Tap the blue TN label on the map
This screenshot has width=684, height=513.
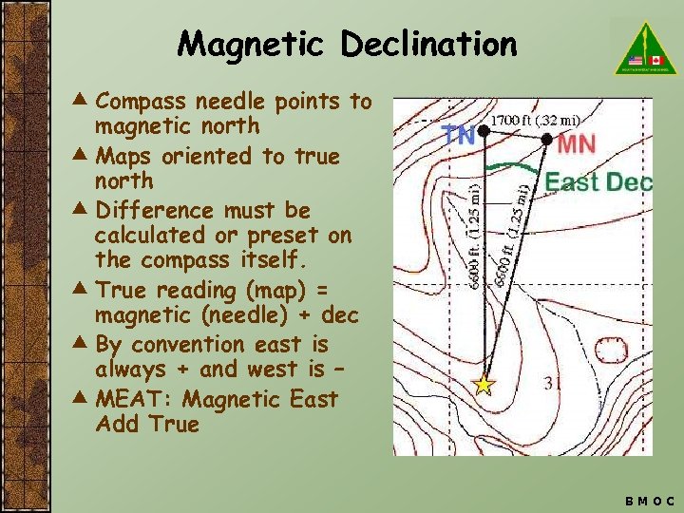click(460, 135)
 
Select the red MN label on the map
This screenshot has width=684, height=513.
click(577, 145)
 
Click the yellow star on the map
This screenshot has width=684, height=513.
click(484, 385)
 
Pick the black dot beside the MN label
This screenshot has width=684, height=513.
click(547, 140)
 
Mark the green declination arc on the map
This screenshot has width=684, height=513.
click(513, 167)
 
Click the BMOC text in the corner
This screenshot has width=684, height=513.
click(650, 500)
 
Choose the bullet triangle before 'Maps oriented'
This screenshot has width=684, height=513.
click(84, 154)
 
